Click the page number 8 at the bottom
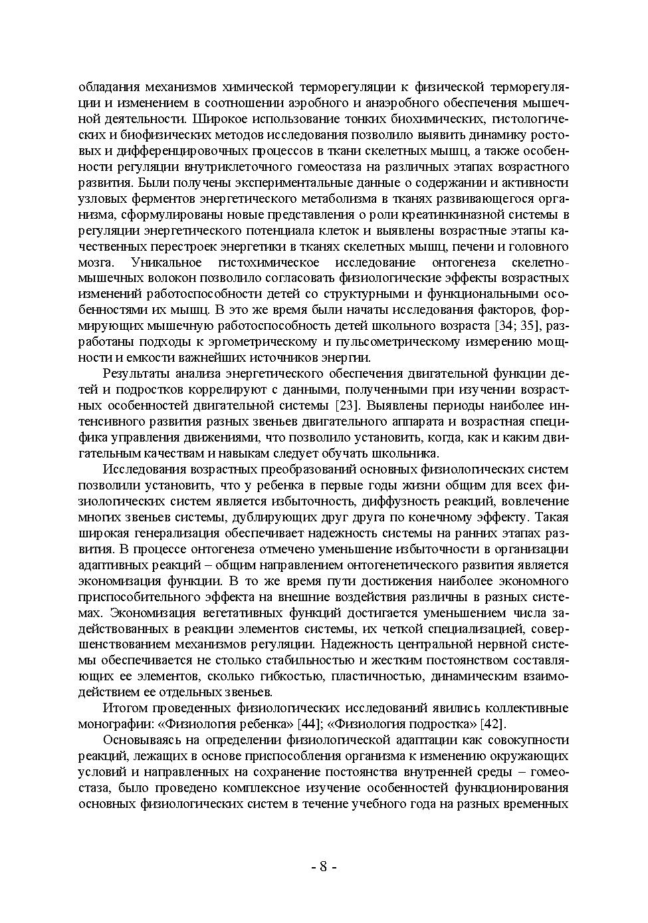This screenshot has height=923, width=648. (x=324, y=867)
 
